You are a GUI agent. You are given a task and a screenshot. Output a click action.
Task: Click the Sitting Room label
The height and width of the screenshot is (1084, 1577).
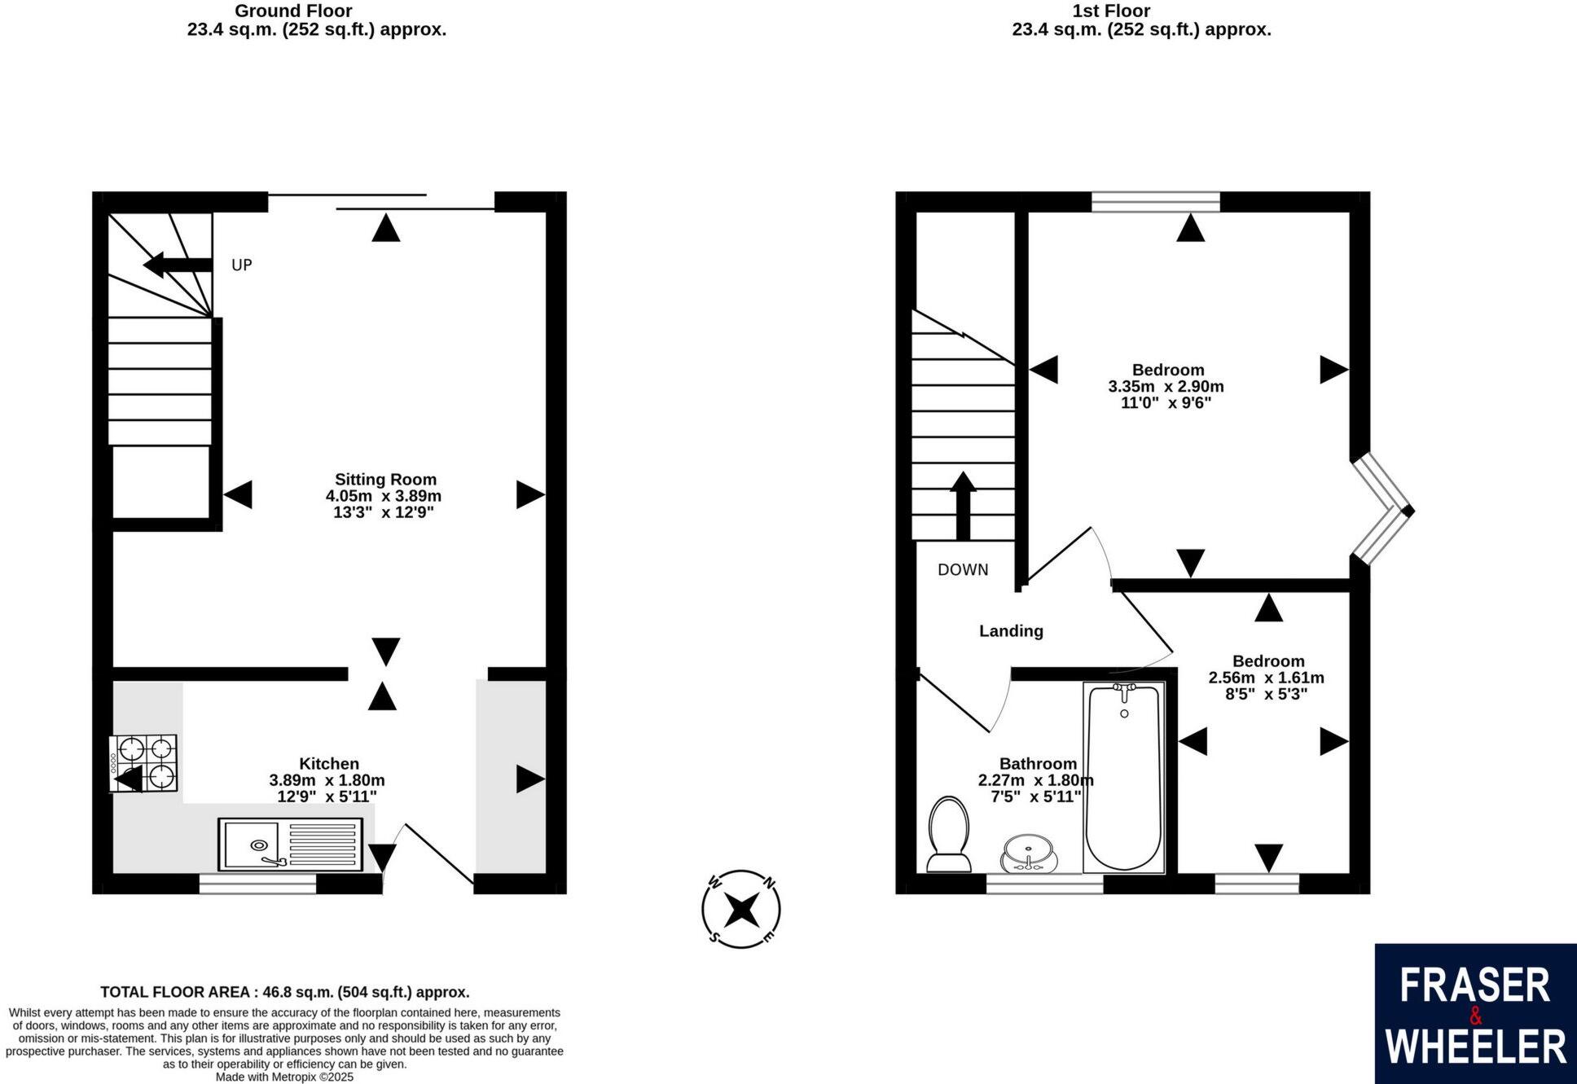[x=385, y=480]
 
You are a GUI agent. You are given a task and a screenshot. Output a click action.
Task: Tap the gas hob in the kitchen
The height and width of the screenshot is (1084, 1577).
[x=144, y=763]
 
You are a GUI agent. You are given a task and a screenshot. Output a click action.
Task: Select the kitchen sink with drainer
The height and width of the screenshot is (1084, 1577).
[x=291, y=844]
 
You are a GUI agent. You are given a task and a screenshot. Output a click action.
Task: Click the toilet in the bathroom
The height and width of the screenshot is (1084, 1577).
[x=948, y=834]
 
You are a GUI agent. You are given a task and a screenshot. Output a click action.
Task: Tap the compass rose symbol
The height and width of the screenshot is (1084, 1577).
[x=741, y=909]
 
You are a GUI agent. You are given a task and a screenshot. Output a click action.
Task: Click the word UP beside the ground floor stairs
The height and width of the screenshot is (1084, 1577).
[x=242, y=266]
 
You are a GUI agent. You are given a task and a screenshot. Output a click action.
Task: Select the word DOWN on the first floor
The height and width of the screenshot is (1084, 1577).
[x=963, y=570]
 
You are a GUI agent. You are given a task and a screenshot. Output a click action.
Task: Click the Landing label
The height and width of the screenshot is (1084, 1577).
[x=1011, y=631]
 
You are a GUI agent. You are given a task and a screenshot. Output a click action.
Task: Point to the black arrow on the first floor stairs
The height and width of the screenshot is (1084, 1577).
[x=963, y=505]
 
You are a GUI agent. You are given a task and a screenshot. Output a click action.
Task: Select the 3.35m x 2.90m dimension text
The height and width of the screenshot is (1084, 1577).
[x=1166, y=387]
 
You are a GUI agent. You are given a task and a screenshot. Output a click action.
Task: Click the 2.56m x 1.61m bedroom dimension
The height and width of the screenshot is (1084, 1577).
[x=1266, y=678]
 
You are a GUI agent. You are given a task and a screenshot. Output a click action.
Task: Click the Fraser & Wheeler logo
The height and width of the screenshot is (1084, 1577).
[x=1475, y=1014]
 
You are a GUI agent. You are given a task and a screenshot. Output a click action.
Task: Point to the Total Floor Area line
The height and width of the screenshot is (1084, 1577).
[x=285, y=992]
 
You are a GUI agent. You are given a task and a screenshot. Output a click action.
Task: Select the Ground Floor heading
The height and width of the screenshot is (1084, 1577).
[x=293, y=11]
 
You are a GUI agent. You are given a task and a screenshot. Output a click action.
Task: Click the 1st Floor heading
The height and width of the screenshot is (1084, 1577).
[x=1111, y=11]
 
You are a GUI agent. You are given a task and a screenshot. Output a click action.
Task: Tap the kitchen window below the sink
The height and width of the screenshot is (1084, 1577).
[x=257, y=884]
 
